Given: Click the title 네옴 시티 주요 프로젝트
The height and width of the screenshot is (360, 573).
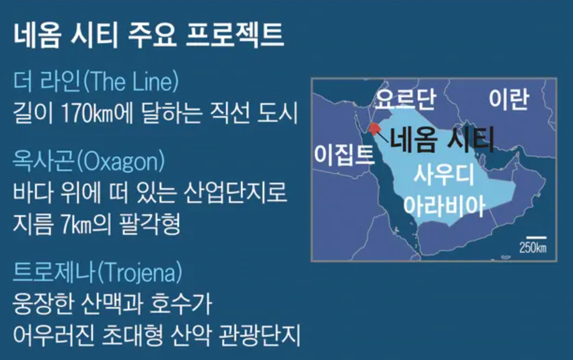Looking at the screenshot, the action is (x=149, y=36).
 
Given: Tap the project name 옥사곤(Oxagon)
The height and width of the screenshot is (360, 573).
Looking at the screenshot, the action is (x=89, y=161).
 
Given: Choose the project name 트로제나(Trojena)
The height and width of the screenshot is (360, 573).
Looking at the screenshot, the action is (x=97, y=273).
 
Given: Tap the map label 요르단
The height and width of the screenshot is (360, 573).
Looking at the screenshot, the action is (x=406, y=99).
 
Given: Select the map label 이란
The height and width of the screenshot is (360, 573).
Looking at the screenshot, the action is (x=509, y=99).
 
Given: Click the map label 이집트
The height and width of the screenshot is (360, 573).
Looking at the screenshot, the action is (x=344, y=155).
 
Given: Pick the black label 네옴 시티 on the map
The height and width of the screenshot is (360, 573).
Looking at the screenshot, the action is (x=442, y=139).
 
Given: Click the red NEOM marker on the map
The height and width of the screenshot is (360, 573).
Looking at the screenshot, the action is (x=375, y=129).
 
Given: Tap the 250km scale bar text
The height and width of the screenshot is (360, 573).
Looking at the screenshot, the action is (x=533, y=248).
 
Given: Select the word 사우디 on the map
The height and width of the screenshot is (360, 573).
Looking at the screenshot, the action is (x=444, y=175).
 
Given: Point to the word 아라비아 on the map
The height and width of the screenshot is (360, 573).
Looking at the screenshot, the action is (x=444, y=207).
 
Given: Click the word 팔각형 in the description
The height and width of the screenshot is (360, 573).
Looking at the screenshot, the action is (x=150, y=224).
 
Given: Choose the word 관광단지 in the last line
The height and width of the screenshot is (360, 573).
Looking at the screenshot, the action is (x=260, y=335).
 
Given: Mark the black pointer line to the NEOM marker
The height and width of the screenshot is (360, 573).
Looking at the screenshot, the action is (x=382, y=136).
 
